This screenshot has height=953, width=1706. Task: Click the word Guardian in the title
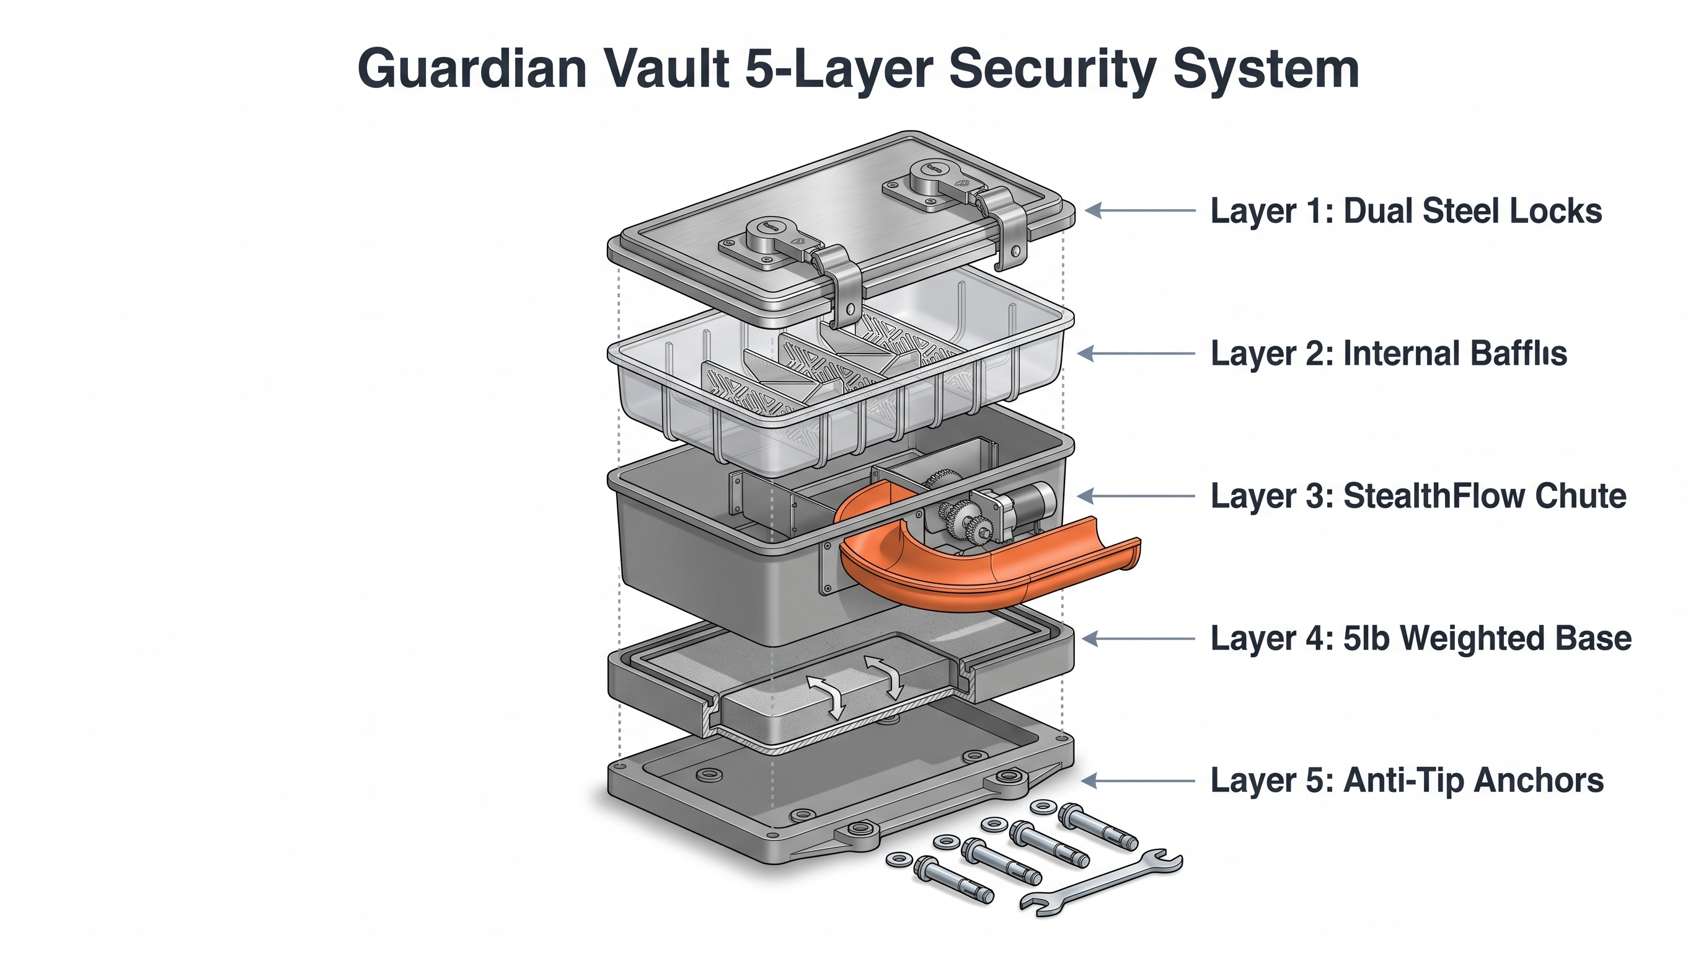click(472, 69)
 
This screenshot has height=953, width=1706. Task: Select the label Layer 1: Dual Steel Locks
click(1405, 212)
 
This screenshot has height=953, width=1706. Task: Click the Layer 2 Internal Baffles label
click(1388, 353)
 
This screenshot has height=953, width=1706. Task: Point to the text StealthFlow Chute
click(1484, 496)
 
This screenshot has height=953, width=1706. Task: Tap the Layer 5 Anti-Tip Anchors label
click(1407, 781)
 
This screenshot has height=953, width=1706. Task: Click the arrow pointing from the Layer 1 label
click(1140, 211)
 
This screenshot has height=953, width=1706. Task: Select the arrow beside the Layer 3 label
click(1136, 496)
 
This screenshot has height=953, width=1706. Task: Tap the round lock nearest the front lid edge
click(768, 233)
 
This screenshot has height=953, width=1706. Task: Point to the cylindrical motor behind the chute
click(1033, 500)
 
